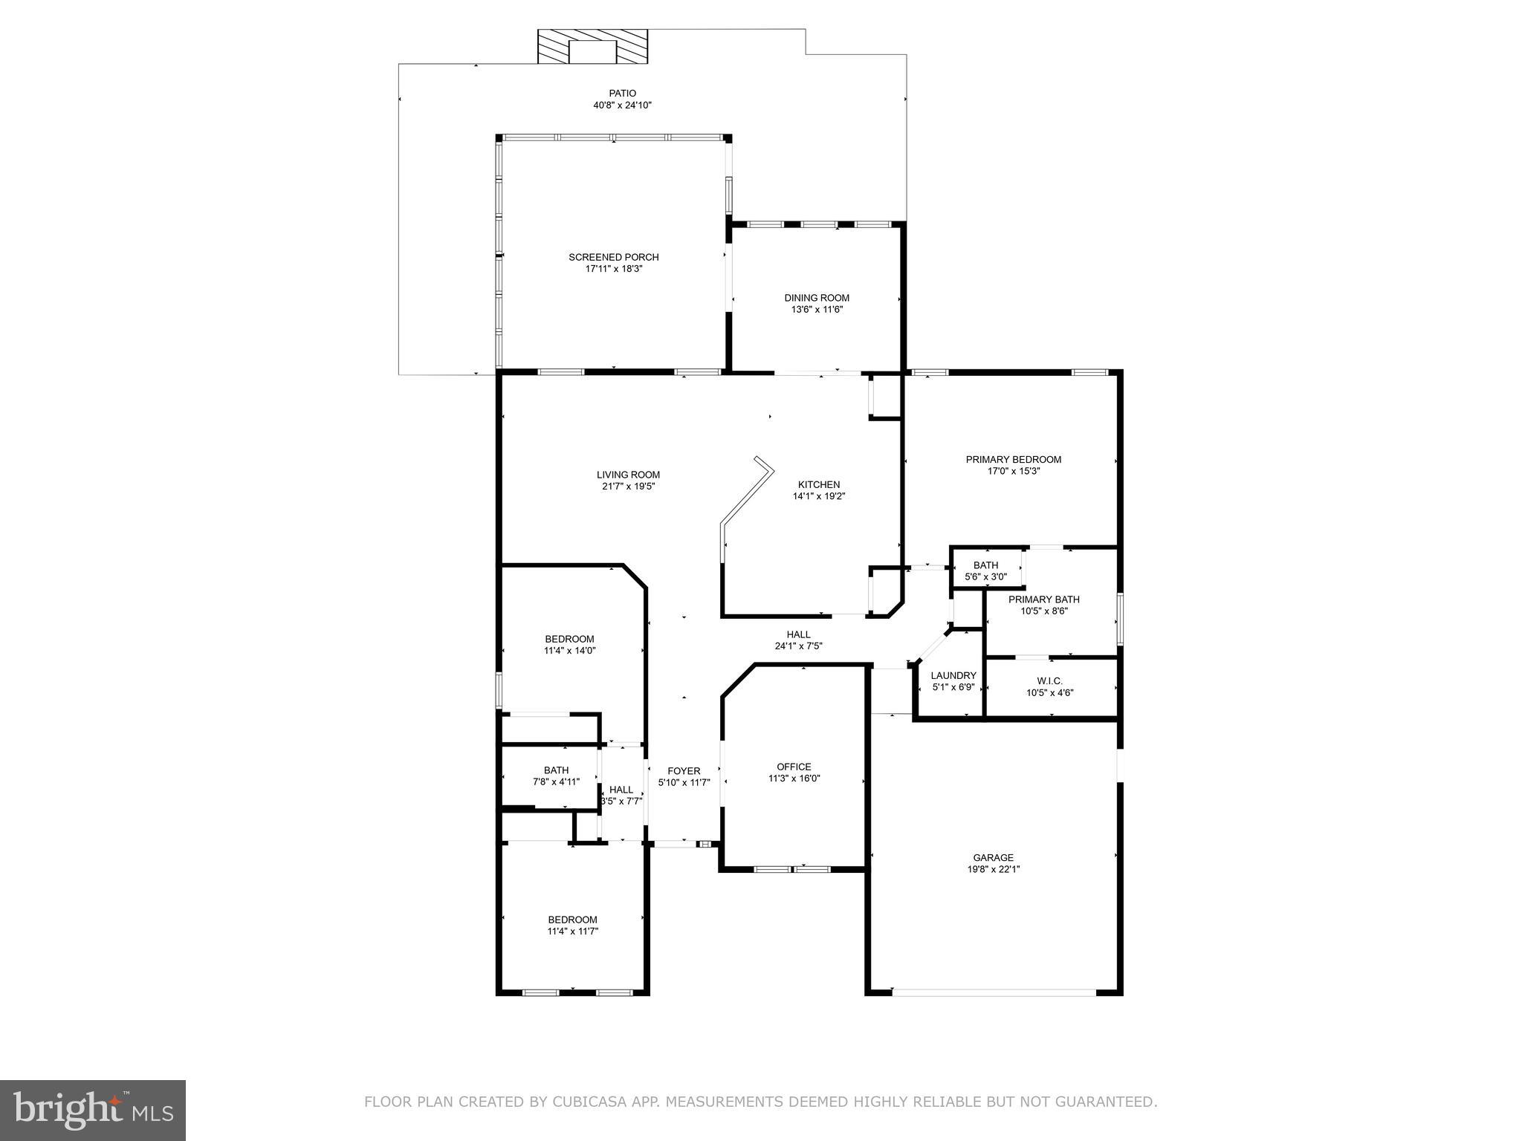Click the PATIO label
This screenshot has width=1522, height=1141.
622,94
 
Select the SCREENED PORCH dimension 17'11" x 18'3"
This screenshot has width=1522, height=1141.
613,269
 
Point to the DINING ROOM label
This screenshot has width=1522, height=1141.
817,298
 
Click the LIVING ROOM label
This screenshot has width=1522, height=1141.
628,475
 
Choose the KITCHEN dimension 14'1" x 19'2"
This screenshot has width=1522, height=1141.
819,496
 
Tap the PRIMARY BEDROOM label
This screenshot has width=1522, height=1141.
1013,459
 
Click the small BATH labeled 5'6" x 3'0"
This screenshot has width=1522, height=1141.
985,570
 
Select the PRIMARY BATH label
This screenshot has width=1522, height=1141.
1043,599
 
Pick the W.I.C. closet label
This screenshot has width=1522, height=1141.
1049,680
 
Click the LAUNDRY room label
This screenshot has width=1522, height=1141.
953,675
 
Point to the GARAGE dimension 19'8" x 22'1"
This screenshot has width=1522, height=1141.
993,869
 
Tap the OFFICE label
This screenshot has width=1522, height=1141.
794,767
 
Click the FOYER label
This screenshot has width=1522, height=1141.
683,771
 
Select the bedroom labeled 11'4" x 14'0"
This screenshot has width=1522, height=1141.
569,645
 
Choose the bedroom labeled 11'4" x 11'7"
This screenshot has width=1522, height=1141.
572,926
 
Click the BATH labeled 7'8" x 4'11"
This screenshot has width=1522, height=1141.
556,776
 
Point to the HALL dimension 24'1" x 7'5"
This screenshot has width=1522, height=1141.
798,646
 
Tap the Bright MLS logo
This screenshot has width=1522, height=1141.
93,1111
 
